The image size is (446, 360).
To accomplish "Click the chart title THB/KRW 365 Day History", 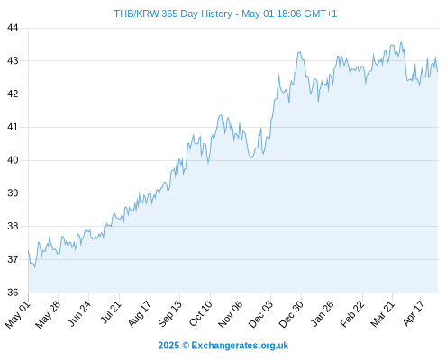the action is pyautogui.click(x=173, y=13).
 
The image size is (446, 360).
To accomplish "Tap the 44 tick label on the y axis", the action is pyautogui.click(x=13, y=28).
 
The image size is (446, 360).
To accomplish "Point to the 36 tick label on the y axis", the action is pyautogui.click(x=13, y=292).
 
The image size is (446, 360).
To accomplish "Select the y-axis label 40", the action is pyautogui.click(x=13, y=160).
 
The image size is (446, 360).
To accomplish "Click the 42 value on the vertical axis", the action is pyautogui.click(x=13, y=94).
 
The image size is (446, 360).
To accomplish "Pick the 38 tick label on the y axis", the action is pyautogui.click(x=13, y=226).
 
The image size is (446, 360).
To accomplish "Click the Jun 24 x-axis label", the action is pyautogui.click(x=79, y=314).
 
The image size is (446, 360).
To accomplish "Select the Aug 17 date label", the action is pyautogui.click(x=140, y=314).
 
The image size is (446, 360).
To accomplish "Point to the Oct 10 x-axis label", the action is pyautogui.click(x=201, y=314).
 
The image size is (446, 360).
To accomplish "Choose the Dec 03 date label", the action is pyautogui.click(x=261, y=314).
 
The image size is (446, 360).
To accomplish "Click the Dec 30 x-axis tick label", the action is pyautogui.click(x=291, y=314).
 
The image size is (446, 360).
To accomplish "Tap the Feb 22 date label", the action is pyautogui.click(x=352, y=314).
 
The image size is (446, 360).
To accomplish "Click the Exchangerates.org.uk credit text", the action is pyautogui.click(x=240, y=346).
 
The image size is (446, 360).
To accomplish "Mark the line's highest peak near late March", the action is pyautogui.click(x=401, y=42).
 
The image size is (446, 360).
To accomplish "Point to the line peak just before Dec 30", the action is pyautogui.click(x=299, y=52).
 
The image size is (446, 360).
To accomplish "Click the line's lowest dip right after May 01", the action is pyautogui.click(x=34, y=267).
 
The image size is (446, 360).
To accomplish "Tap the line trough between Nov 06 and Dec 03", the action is pyautogui.click(x=251, y=157).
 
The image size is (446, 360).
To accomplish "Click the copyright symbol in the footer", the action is pyautogui.click(x=186, y=346).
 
